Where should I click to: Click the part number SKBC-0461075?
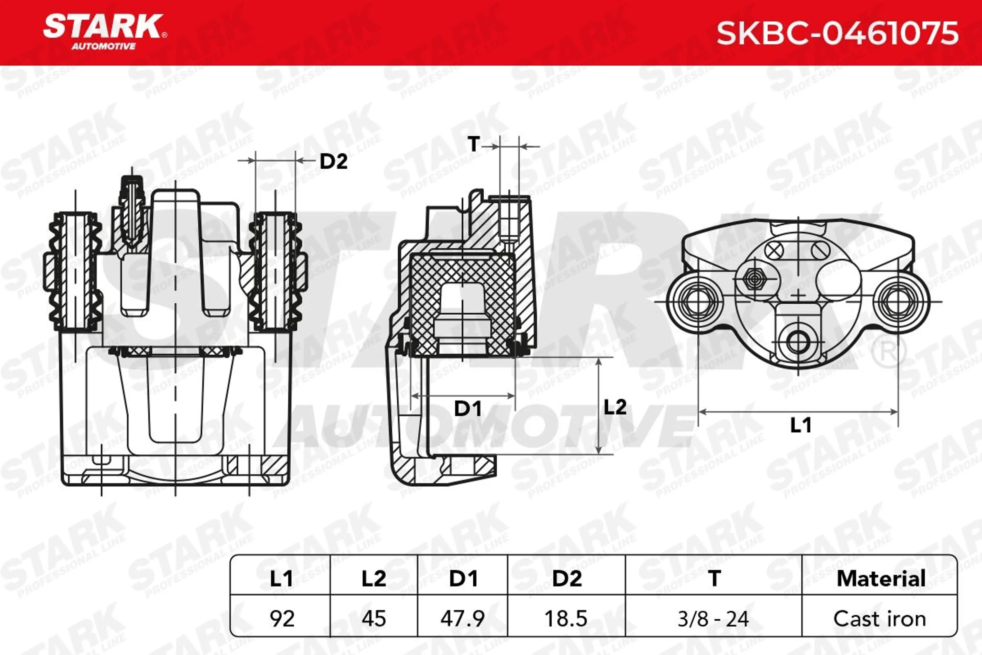coord(837,34)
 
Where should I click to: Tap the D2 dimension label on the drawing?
coord(333,162)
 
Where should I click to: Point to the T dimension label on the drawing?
coord(473,145)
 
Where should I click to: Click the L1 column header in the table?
coord(281,578)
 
